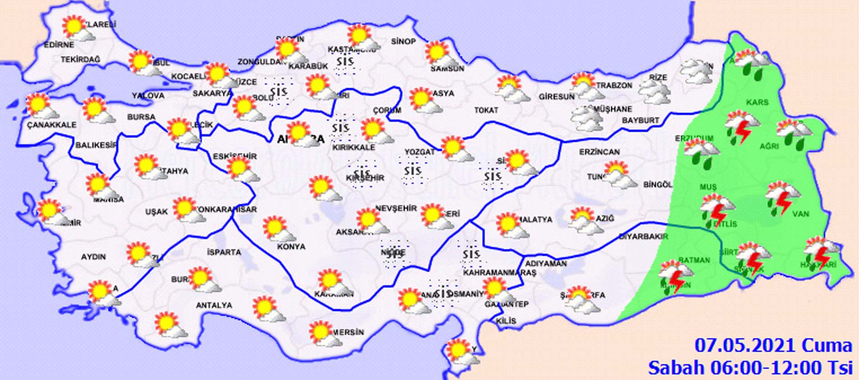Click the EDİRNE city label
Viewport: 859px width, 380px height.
tap(59, 45)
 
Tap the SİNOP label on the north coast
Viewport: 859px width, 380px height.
tap(403, 42)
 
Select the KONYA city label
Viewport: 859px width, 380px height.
tap(291, 247)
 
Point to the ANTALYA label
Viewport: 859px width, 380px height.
tap(214, 305)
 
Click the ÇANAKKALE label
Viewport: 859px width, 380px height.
tap(52, 125)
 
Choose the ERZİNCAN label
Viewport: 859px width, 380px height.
tap(599, 152)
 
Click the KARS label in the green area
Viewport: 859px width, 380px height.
tap(757, 102)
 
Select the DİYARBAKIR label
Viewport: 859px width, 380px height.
tap(643, 236)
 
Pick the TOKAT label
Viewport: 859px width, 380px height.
tap(486, 110)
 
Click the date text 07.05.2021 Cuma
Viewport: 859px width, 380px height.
tap(773, 346)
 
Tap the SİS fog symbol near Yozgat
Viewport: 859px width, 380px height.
tap(412, 171)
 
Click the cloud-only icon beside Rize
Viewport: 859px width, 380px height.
tap(654, 89)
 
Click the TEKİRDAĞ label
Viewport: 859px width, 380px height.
tap(80, 59)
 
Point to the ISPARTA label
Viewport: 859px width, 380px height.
tap(224, 252)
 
